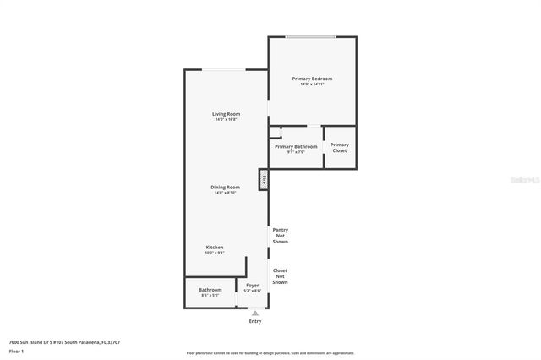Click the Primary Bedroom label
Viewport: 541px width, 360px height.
[x=312, y=79]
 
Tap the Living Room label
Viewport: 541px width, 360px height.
[x=226, y=114]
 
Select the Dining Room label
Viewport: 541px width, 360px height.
[x=226, y=187]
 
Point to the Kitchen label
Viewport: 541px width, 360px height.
[x=215, y=247]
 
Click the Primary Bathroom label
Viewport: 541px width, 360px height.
[x=296, y=146]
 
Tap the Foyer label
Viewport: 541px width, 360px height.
[x=253, y=286]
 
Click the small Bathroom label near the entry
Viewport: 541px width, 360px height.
[x=210, y=290]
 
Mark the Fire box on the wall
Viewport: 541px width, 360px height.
[x=264, y=180]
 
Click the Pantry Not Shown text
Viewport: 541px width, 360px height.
[x=280, y=236]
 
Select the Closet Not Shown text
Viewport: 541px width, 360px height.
[x=280, y=276]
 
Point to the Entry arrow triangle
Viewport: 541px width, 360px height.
[x=255, y=313]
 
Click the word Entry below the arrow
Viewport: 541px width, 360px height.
[x=255, y=321]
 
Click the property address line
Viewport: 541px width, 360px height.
[x=64, y=342]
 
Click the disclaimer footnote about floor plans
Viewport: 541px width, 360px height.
[x=270, y=353]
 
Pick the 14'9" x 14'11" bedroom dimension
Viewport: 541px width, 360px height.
[x=312, y=85]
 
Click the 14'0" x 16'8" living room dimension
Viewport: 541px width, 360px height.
[x=226, y=120]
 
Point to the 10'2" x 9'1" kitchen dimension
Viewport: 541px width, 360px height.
[x=215, y=253]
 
